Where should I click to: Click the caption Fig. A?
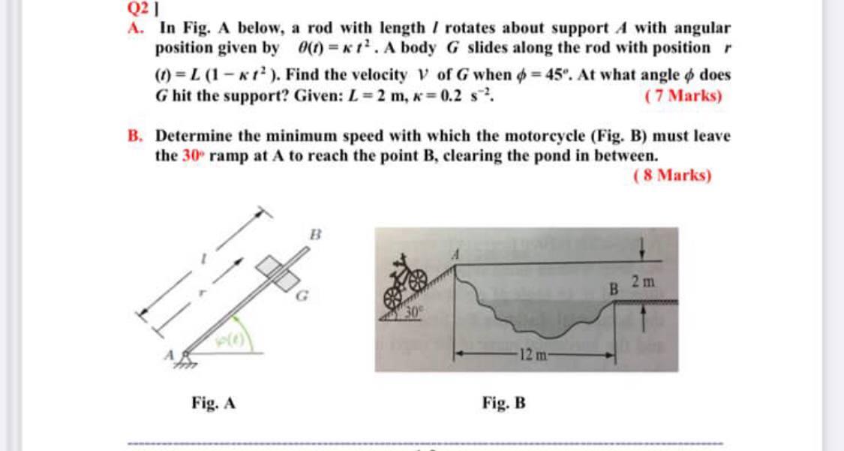click(x=214, y=404)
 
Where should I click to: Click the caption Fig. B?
click(x=503, y=404)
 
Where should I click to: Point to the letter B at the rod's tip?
click(x=316, y=234)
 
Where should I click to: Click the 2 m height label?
click(x=643, y=282)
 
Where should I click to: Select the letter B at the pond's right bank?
click(x=613, y=287)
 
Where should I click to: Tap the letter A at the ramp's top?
click(x=454, y=255)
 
